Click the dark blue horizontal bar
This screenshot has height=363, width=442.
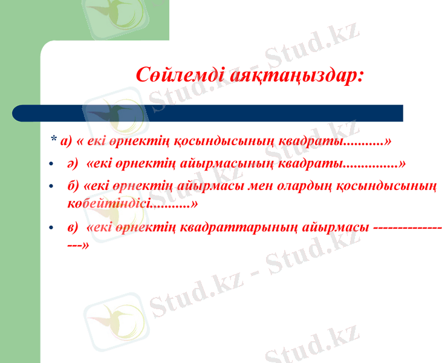click(207, 113)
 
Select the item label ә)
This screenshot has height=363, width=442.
click(74, 163)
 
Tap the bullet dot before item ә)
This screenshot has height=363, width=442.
click(52, 165)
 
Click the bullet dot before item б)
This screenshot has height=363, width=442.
click(52, 186)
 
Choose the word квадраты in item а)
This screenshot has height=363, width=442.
click(310, 141)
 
